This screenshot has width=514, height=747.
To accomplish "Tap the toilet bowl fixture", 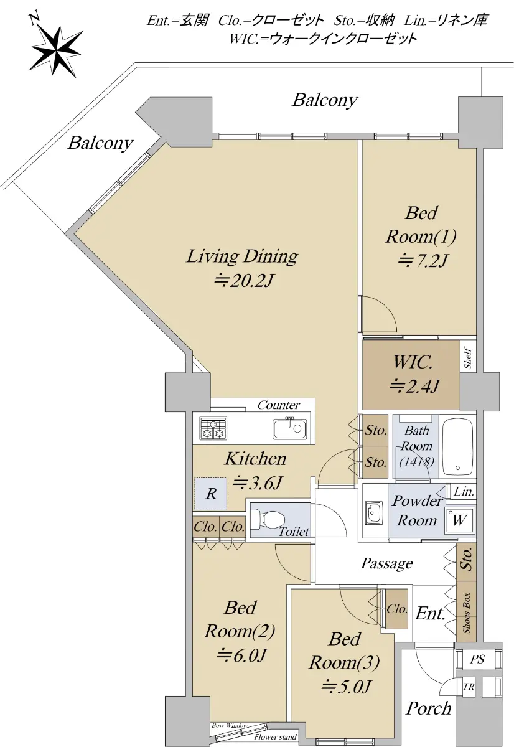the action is pos(268,520).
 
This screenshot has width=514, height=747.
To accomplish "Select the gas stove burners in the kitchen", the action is pos(213,428).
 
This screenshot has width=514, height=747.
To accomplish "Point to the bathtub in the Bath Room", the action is pos(457,446).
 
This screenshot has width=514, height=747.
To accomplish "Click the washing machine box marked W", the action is pos(459,520).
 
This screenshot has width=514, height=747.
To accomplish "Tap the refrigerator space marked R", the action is pos(211,494).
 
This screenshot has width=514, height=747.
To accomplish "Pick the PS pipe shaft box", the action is pos(478,659).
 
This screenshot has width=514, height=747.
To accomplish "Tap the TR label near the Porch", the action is pos(469,687).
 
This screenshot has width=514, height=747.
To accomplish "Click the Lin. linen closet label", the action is pos(464,492).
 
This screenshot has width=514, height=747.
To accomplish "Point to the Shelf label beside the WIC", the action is pos(468,359).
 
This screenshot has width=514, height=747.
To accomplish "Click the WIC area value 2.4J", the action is pos(414,387).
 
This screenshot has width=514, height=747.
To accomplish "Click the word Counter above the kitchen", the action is pos(279,405).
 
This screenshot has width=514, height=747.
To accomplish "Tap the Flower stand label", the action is pos(275,737).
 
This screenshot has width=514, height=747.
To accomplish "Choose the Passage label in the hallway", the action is pos(387,563).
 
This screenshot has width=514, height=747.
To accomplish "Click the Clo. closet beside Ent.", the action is pos(396,609).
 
